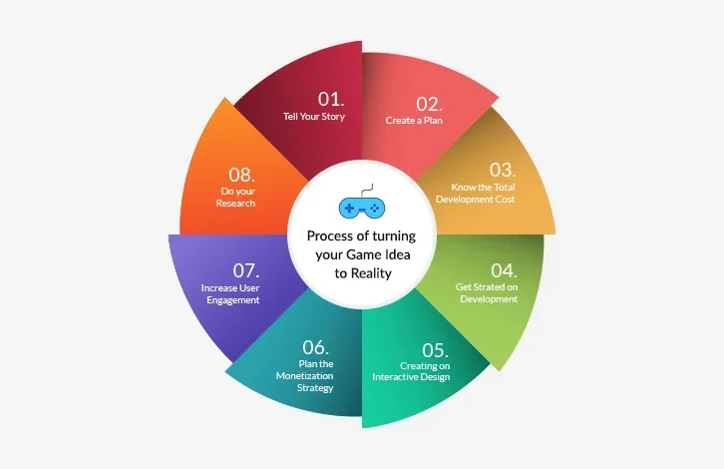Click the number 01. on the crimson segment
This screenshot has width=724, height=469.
(x=331, y=99)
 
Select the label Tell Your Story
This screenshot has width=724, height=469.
(x=314, y=117)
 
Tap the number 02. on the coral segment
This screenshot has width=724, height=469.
(x=429, y=104)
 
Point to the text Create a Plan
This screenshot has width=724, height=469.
(x=414, y=120)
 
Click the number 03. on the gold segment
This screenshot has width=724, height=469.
(x=503, y=170)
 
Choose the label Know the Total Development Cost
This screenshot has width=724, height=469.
(x=476, y=194)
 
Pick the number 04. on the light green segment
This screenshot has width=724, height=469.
(x=504, y=270)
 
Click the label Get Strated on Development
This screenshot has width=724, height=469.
(x=487, y=293)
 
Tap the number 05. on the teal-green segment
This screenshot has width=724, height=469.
(x=435, y=350)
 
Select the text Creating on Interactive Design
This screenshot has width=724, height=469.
(x=412, y=371)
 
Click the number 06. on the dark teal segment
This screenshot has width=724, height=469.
(x=315, y=347)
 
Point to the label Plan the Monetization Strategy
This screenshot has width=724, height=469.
(x=305, y=375)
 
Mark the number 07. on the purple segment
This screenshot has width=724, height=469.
(x=246, y=270)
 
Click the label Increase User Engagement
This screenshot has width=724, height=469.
(x=230, y=294)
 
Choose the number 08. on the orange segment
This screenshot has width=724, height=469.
(x=241, y=175)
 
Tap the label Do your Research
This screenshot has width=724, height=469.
(x=235, y=197)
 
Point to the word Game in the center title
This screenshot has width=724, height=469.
(x=364, y=254)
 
